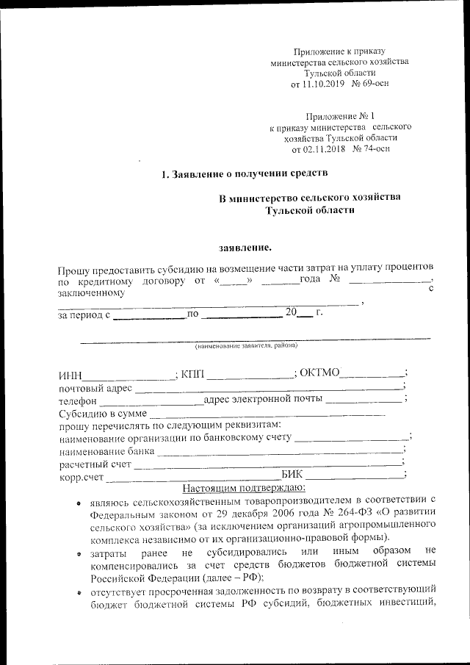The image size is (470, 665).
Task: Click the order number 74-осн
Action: click(x=372, y=148)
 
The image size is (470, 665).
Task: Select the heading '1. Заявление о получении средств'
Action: click(x=244, y=174)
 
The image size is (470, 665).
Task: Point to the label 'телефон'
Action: click(x=78, y=401)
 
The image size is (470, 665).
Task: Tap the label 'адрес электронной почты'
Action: click(x=264, y=400)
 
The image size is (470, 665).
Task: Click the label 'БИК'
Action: click(x=292, y=475)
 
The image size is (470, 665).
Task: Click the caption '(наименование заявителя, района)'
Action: click(x=246, y=345)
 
